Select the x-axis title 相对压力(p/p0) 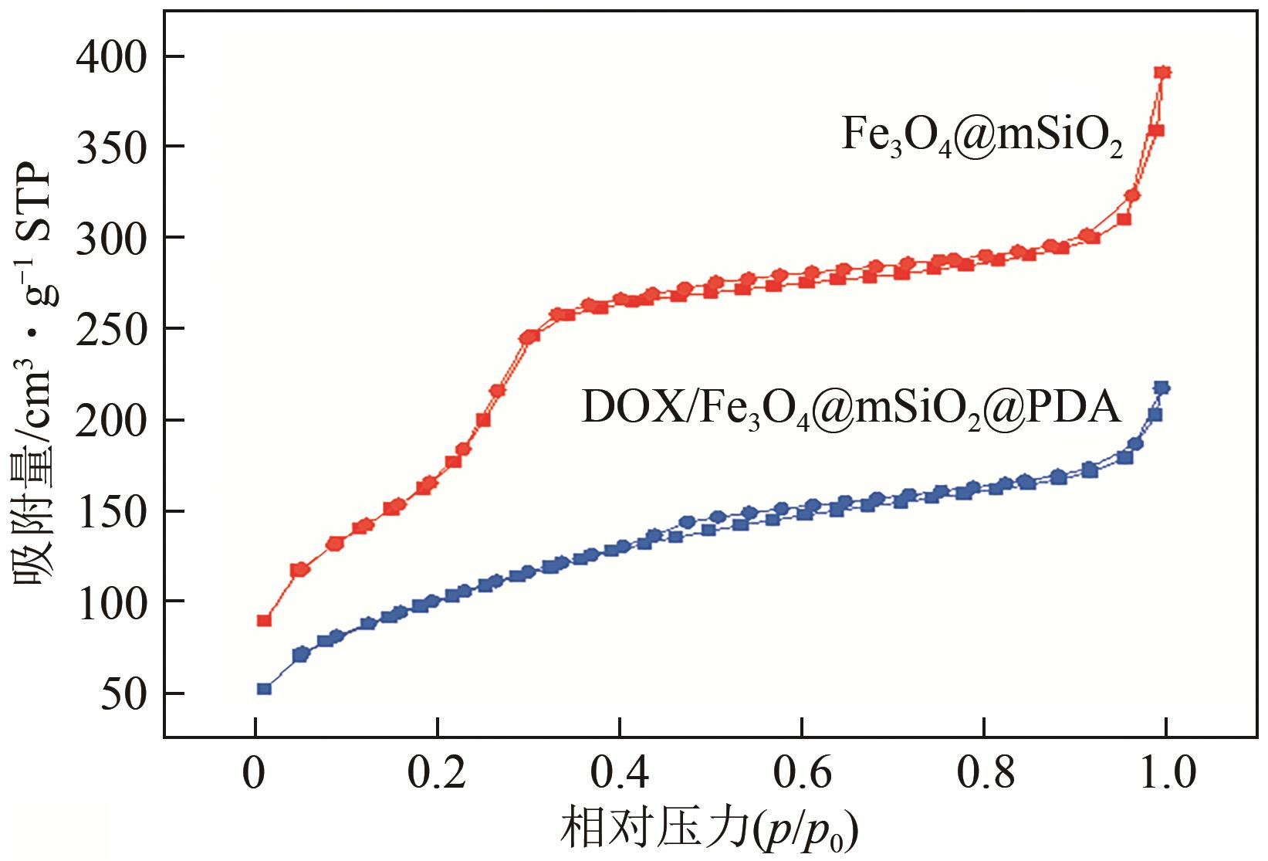pos(710,831)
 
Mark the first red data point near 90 pos(264,620)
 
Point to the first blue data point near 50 pos(264,689)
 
